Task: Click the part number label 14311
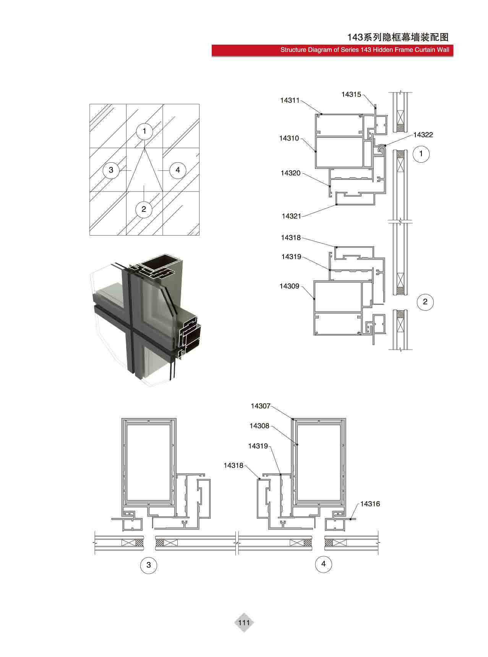(290, 100)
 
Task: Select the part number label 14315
(351, 94)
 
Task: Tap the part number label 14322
(423, 135)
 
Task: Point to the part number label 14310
(289, 138)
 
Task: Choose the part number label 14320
(290, 173)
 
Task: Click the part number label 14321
(292, 216)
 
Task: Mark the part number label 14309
(289, 286)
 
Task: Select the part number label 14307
(261, 406)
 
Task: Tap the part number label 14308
(259, 426)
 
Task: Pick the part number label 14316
(370, 504)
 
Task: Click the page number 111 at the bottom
(244, 623)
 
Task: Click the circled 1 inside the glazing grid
(144, 131)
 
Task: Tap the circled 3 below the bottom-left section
(149, 565)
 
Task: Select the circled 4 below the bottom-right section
(324, 564)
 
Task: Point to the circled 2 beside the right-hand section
(425, 302)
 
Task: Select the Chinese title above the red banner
(397, 37)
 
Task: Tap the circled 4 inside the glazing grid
(178, 169)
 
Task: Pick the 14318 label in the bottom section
(233, 465)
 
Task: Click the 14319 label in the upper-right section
(291, 257)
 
